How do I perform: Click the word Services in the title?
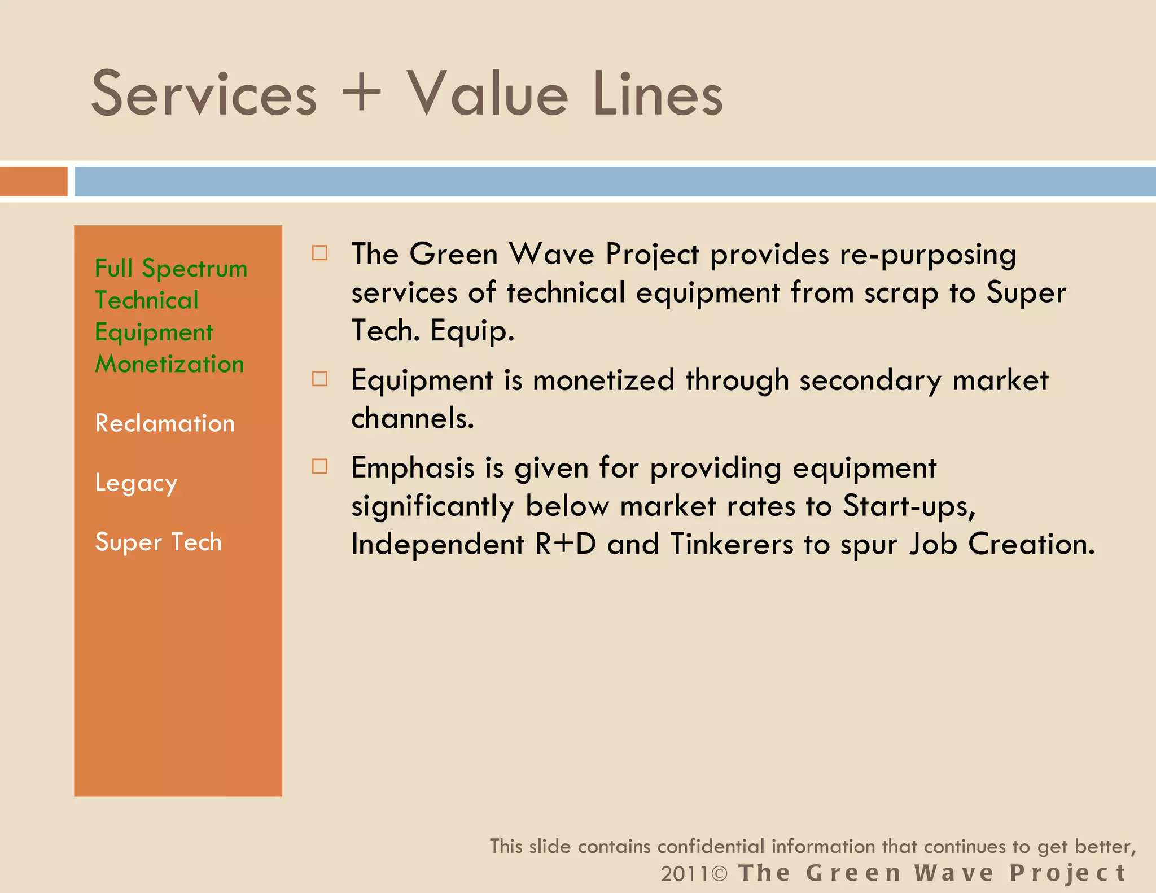click(x=204, y=94)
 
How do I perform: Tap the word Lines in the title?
click(x=658, y=94)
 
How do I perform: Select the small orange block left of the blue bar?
click(x=33, y=181)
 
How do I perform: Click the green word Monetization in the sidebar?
click(x=169, y=364)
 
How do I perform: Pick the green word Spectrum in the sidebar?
click(x=194, y=269)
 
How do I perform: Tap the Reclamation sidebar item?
click(x=165, y=423)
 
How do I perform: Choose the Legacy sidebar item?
click(x=136, y=483)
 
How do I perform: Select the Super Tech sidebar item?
click(x=159, y=542)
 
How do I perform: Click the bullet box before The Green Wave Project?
click(x=319, y=252)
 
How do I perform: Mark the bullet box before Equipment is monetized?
click(x=319, y=378)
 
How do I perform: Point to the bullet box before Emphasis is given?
click(x=319, y=466)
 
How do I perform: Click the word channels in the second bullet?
click(x=412, y=418)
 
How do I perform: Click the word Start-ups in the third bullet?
click(x=909, y=506)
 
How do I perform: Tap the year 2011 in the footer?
click(x=685, y=874)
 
